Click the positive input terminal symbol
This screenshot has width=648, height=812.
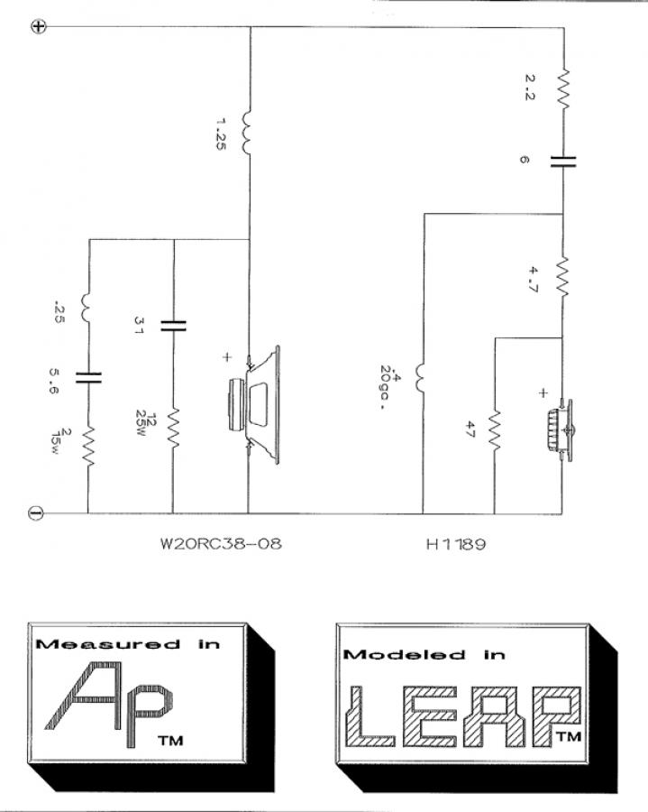tap(39, 26)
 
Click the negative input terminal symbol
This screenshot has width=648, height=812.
tap(36, 513)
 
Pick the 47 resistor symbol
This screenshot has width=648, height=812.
tap(494, 431)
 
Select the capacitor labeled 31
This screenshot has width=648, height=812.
tap(172, 325)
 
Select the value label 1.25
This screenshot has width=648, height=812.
tap(222, 135)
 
